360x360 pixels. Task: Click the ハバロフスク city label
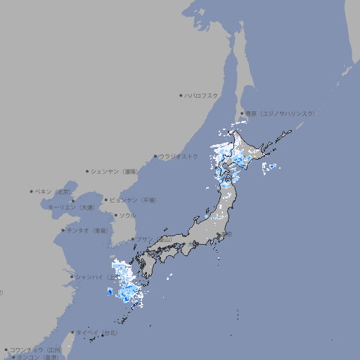(202, 96)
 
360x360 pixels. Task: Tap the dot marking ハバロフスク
(181, 96)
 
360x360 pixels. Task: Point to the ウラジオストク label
(179, 156)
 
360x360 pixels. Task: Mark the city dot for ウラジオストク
(155, 156)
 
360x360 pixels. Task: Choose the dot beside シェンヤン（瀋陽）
(88, 171)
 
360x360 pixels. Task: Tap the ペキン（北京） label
(54, 191)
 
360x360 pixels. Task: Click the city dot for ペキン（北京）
(32, 191)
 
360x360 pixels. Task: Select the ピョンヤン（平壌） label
(133, 200)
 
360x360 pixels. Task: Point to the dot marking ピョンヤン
(106, 200)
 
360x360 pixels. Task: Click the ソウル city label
(127, 215)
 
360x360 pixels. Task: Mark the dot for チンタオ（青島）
(63, 231)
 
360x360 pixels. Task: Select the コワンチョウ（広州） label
(36, 349)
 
